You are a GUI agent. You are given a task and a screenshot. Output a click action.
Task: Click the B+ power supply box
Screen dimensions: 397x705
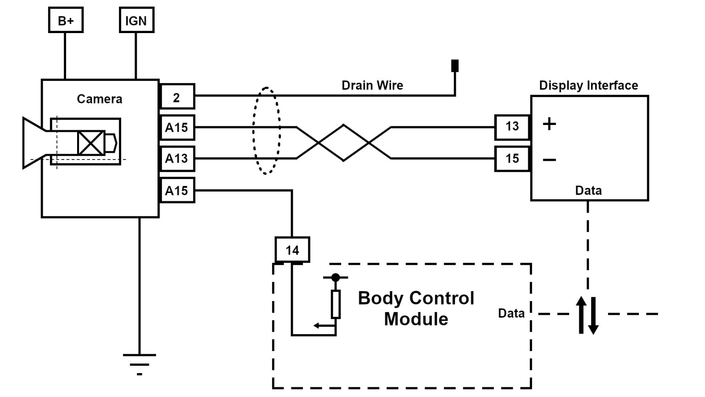pos(66,21)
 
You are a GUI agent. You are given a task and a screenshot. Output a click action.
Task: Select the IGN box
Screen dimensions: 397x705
pos(136,21)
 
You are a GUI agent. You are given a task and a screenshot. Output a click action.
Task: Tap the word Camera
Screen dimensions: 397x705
pos(100,99)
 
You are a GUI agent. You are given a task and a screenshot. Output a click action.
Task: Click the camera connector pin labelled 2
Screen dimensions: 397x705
pos(177,97)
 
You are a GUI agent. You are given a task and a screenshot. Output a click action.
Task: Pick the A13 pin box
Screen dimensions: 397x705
pos(177,159)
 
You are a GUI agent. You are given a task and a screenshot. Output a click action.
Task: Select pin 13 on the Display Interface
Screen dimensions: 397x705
pos(512,127)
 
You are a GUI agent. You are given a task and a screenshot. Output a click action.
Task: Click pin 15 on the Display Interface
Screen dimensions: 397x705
pos(512,159)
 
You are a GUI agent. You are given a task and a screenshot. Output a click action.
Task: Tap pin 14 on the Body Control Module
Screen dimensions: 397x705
pos(292,250)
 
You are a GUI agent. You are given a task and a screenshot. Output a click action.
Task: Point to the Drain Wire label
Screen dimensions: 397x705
pos(372,85)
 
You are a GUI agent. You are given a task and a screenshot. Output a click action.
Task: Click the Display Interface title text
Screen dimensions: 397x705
pos(588,85)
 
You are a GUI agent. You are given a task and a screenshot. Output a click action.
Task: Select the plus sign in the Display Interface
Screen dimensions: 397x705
pos(549,124)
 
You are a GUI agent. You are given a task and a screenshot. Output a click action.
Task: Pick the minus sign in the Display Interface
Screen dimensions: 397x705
pos(549,160)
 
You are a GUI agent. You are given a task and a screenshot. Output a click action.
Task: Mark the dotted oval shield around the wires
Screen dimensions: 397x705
pos(266,131)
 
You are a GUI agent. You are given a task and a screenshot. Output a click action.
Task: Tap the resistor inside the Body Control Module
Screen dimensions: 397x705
pos(336,304)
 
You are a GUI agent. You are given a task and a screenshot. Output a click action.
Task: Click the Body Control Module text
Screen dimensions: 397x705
pos(416,308)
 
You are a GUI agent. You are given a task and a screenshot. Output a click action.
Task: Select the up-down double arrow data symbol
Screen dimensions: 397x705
pos(587,315)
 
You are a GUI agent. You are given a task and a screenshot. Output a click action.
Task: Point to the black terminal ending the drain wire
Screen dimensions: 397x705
pos(455,66)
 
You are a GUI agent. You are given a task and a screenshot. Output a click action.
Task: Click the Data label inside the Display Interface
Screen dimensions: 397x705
pos(588,191)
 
